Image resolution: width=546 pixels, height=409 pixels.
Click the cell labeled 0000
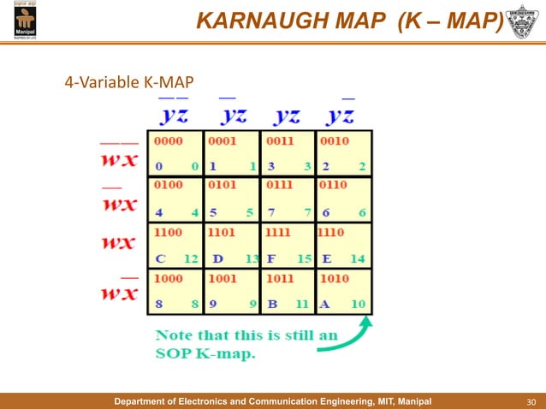(x=175, y=153)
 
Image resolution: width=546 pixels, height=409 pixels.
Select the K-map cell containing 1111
(x=287, y=245)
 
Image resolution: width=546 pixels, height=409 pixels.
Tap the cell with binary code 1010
(x=343, y=291)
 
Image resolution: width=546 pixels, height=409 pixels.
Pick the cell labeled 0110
(x=343, y=199)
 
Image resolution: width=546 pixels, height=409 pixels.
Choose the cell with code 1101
(x=231, y=245)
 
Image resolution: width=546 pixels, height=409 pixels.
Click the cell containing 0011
(x=287, y=153)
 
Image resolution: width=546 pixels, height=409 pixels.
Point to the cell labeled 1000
(x=175, y=291)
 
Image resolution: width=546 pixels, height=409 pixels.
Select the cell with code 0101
(x=231, y=199)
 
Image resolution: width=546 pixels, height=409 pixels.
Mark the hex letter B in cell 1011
(x=271, y=303)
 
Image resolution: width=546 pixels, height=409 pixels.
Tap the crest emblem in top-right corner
(x=523, y=21)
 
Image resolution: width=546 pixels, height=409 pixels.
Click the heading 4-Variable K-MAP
(x=129, y=82)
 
